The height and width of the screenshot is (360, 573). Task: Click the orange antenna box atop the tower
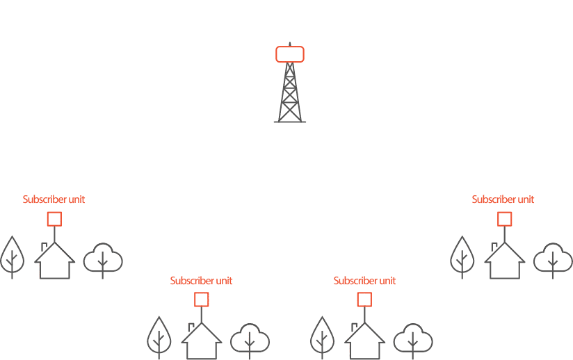tap(290, 54)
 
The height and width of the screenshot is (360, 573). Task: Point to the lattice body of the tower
tap(290, 94)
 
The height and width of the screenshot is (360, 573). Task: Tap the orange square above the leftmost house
tap(54, 219)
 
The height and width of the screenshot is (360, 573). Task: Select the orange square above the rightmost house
tap(505, 219)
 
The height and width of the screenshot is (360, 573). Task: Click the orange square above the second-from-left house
tap(201, 300)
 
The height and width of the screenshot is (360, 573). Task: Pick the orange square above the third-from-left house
tap(364, 300)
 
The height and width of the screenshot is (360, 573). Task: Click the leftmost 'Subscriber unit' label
tap(54, 199)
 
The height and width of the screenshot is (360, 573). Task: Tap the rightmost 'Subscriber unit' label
tap(503, 199)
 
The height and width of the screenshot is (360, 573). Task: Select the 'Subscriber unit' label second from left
tap(201, 281)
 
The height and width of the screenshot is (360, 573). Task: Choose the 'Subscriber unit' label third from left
tap(364, 281)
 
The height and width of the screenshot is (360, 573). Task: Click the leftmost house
tap(54, 263)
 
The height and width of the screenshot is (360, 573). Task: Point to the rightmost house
tap(505, 263)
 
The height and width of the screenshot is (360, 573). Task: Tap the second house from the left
tap(201, 342)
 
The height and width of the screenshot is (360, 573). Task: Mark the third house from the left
tap(364, 342)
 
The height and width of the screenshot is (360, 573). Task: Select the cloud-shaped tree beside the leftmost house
tap(103, 259)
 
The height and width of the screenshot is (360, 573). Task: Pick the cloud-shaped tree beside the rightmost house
tap(553, 259)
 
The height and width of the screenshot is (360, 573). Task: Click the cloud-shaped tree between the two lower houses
tap(250, 340)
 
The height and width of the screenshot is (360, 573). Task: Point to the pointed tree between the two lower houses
tap(322, 336)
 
